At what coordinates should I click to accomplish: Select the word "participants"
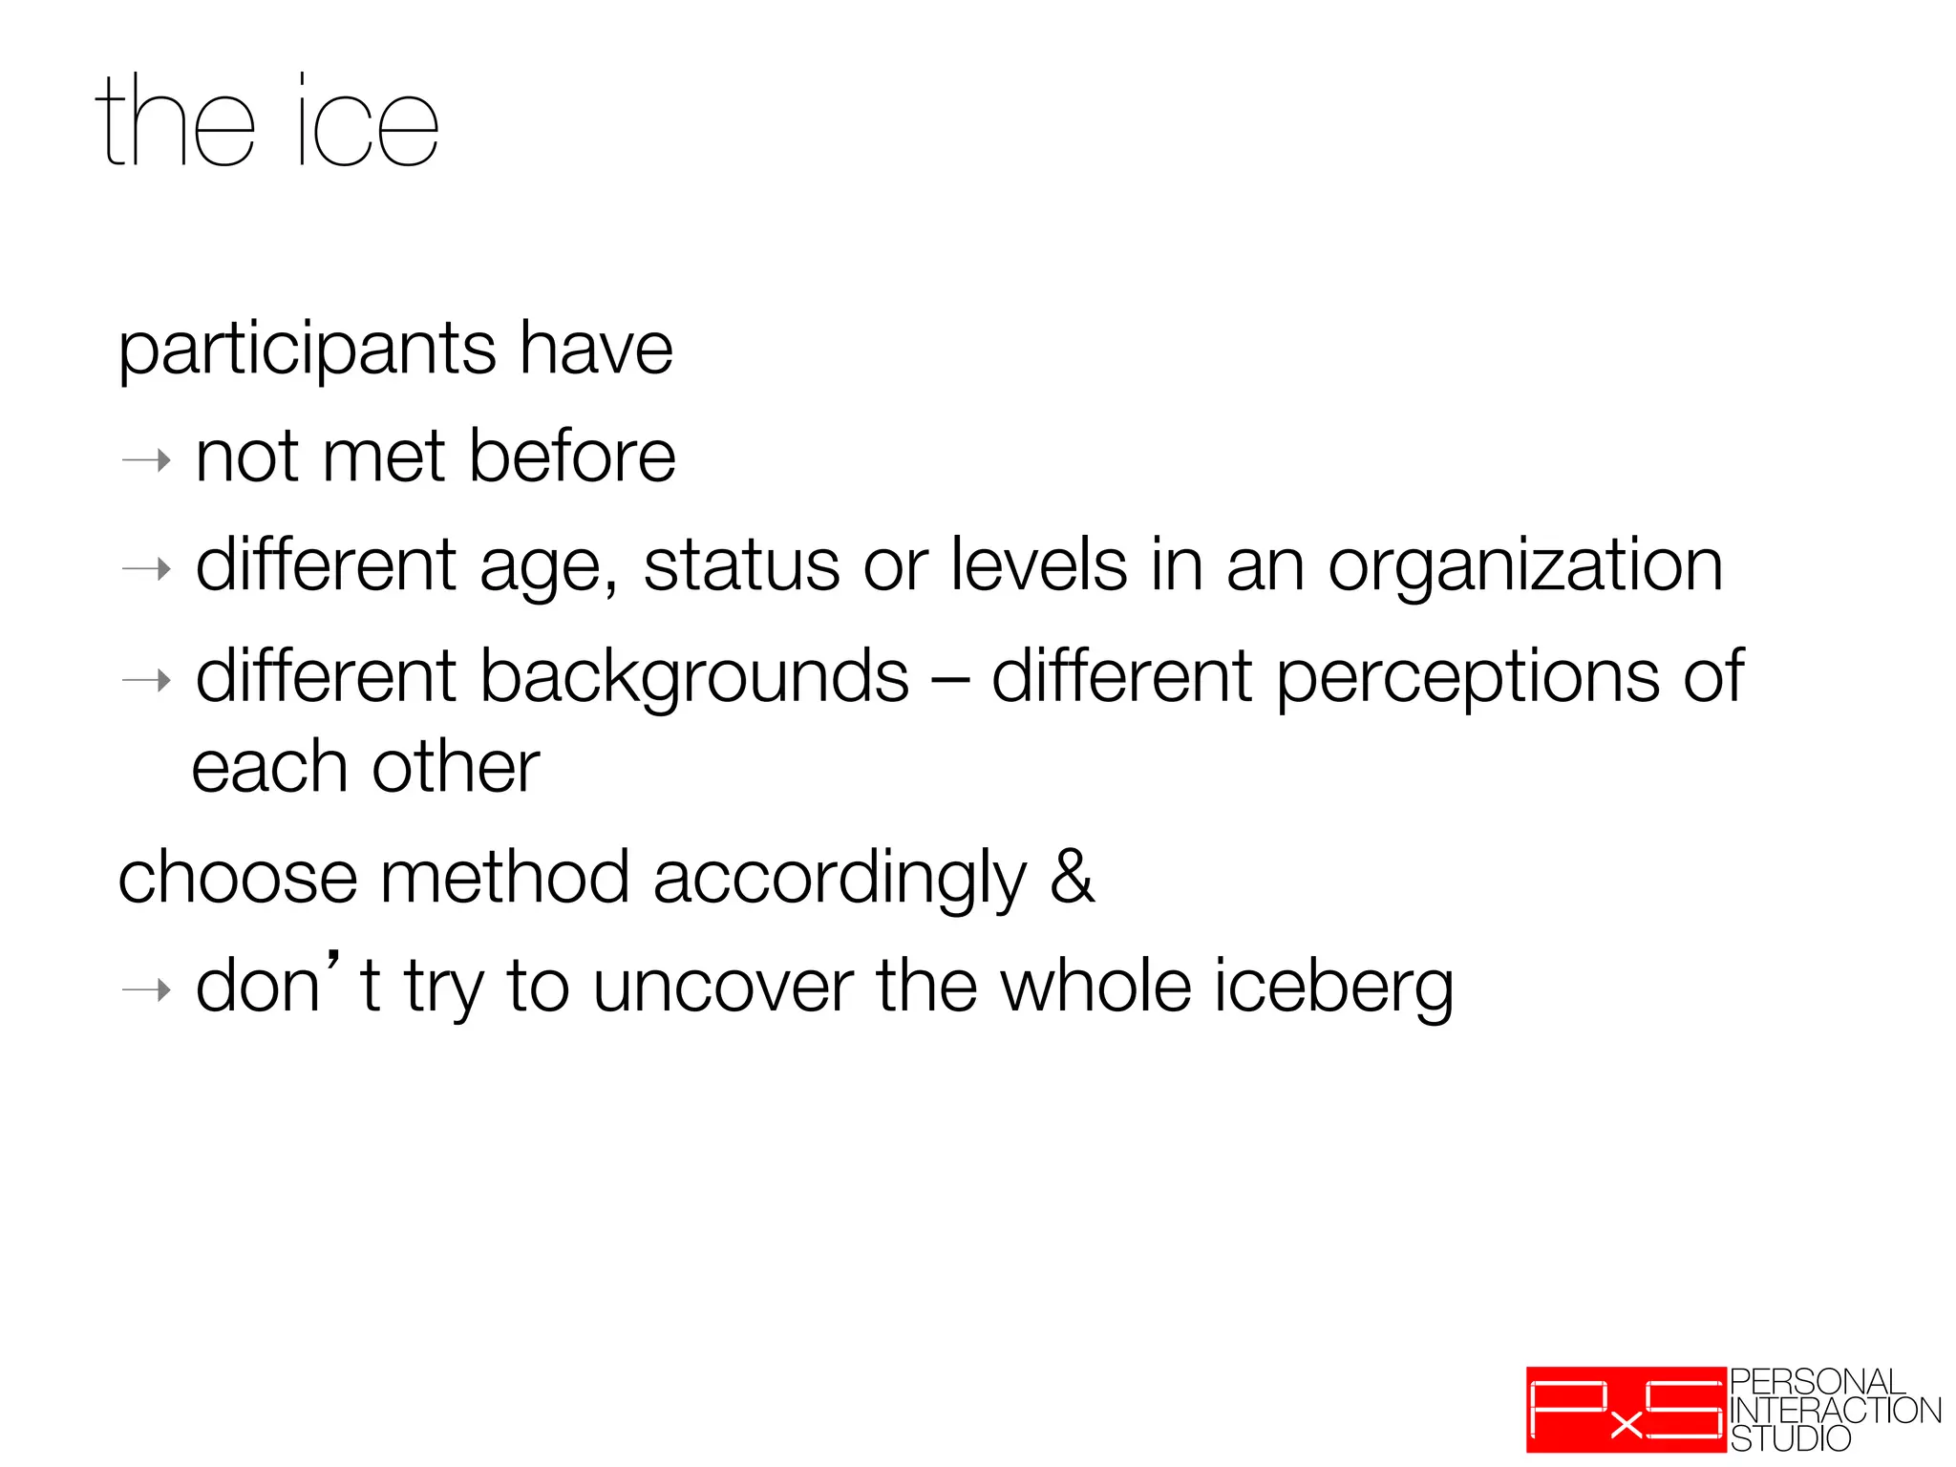tap(307, 351)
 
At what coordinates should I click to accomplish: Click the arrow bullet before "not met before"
tap(146, 461)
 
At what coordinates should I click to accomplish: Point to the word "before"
tap(572, 457)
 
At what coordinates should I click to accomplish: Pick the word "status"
tap(741, 566)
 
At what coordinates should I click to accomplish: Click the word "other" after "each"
tap(456, 768)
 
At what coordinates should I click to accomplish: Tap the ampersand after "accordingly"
tap(1072, 877)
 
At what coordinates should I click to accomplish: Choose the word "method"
tap(504, 878)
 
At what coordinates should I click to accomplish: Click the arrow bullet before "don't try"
tap(146, 991)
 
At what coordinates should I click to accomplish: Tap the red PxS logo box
tap(1626, 1410)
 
